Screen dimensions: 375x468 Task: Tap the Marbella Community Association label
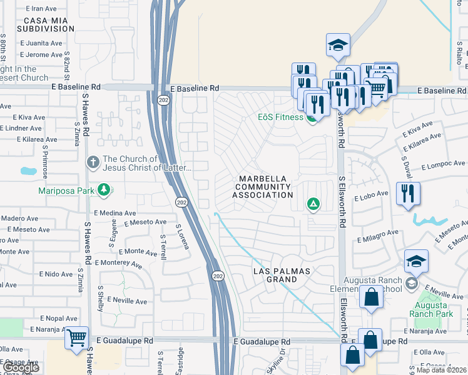[263, 187]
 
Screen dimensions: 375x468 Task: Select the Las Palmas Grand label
[284, 275]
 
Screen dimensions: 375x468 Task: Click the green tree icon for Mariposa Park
[104, 189]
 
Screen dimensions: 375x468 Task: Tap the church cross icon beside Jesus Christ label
[93, 162]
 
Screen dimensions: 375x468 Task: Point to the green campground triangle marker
[313, 204]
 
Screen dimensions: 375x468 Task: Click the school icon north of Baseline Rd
[338, 45]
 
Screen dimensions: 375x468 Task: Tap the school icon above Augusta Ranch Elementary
[416, 261]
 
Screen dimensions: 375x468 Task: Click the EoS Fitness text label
[280, 117]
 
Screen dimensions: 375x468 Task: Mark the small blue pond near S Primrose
[28, 171]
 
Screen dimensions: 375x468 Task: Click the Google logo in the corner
[20, 367]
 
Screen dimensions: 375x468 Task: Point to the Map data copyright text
[440, 370]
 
